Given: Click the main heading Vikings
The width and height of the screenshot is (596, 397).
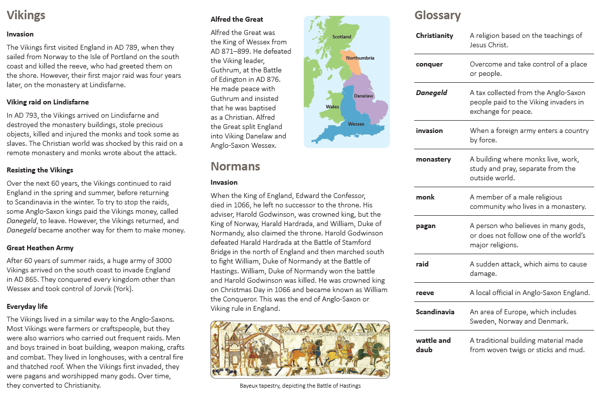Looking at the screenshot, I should [26, 15].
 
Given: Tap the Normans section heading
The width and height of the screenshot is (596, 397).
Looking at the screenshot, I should [235, 166].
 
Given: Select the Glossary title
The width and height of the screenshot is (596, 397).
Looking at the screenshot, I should [437, 15].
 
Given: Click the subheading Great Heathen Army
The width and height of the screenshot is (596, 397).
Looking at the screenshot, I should [40, 248].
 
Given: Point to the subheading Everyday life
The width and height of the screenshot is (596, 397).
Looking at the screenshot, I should [28, 306].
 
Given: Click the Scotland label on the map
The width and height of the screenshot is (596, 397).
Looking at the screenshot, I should [342, 37].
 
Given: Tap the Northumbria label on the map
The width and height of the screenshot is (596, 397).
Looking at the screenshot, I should [360, 58].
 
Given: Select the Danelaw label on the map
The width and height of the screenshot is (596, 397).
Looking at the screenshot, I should [364, 96].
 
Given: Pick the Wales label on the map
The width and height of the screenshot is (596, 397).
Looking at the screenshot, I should [332, 106].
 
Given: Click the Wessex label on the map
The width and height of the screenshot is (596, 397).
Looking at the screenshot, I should [356, 124].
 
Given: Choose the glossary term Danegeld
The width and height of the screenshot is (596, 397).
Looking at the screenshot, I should [431, 93].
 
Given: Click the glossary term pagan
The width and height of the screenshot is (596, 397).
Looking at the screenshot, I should [426, 226].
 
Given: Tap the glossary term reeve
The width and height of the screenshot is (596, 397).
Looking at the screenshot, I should [425, 293].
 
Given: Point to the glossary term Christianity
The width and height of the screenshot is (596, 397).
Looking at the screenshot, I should [434, 35].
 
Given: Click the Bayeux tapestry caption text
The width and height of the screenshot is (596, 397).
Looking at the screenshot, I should [300, 386].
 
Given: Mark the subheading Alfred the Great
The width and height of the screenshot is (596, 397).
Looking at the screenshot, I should [236, 20].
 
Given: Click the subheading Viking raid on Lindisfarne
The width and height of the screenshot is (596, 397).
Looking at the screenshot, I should [48, 102].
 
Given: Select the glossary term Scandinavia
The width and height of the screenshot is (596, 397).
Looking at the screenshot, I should [435, 312].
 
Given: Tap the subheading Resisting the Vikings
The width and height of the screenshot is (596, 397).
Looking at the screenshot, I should [40, 170].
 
